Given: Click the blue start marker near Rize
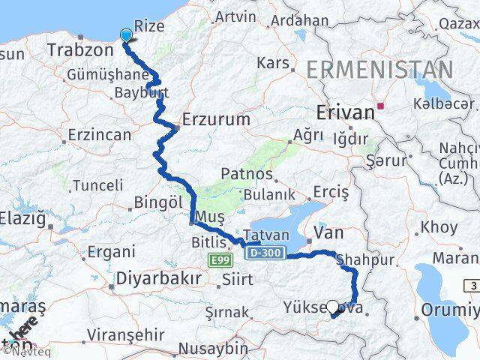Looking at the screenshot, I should point(125,34).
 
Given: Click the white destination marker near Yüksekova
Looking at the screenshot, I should point(333,306).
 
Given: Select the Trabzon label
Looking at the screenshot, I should point(79,50).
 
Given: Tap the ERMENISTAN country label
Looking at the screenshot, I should point(379,70).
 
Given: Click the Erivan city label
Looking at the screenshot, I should point(346,112).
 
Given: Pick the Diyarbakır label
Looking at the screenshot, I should point(157,278).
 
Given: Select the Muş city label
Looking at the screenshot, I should point(209,217).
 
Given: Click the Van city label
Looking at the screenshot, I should point(328,233).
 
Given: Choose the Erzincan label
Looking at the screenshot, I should point(99,136).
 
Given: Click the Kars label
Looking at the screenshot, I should point(272,61).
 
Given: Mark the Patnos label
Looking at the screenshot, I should point(247,174).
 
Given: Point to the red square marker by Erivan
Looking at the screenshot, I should point(381,106).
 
